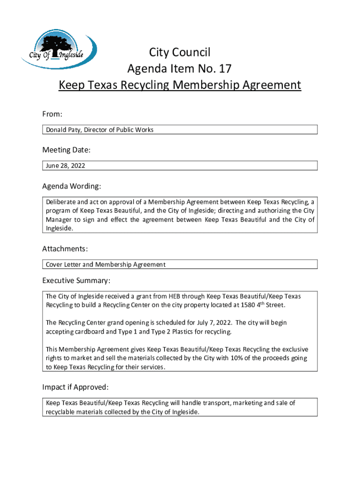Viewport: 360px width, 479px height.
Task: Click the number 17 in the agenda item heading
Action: (x=224, y=69)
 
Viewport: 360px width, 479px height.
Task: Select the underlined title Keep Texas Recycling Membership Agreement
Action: (x=180, y=86)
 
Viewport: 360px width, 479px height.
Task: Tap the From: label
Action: (x=52, y=114)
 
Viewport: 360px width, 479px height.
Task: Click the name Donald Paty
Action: (x=63, y=130)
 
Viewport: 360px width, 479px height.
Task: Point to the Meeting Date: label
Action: (x=66, y=150)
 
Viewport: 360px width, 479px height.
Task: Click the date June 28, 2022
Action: (x=65, y=166)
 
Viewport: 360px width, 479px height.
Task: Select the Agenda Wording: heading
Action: (x=72, y=186)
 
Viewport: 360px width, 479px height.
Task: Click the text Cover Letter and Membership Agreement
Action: (x=106, y=265)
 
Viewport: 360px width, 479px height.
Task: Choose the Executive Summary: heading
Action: (x=76, y=281)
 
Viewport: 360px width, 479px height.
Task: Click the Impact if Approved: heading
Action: (x=75, y=387)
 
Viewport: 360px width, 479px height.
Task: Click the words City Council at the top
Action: (x=180, y=52)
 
